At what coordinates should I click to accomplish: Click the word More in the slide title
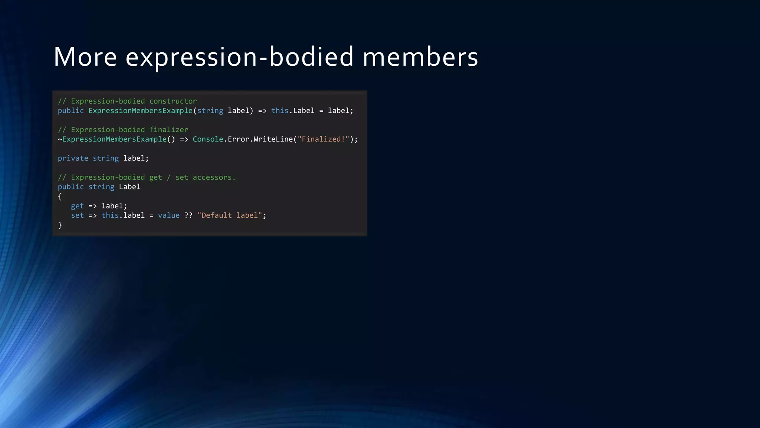point(85,57)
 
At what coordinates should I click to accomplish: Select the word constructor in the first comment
point(173,101)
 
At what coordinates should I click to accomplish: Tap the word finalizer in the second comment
point(168,130)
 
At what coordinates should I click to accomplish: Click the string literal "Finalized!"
point(323,139)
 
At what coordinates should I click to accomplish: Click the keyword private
point(73,158)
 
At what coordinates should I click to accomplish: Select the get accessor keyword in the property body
point(77,206)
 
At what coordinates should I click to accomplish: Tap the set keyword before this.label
point(77,215)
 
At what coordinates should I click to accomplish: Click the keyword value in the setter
point(168,215)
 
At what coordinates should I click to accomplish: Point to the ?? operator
point(188,215)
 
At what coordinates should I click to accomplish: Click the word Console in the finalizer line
point(208,139)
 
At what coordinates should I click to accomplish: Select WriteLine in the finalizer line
point(273,139)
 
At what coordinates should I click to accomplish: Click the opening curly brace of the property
point(60,197)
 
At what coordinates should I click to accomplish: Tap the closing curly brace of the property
point(60,225)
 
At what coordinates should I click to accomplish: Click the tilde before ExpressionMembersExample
point(60,139)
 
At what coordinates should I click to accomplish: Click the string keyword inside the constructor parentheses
point(210,111)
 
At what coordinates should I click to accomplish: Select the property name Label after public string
point(130,187)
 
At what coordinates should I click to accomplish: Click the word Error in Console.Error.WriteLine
point(238,139)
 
